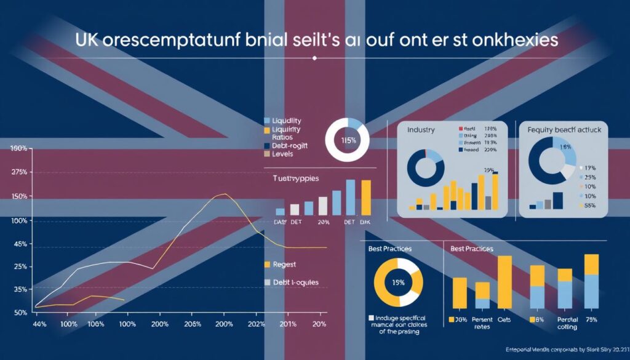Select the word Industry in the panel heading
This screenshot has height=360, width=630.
421,130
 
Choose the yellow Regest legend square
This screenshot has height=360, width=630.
267,265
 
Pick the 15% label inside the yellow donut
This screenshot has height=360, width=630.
398,282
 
